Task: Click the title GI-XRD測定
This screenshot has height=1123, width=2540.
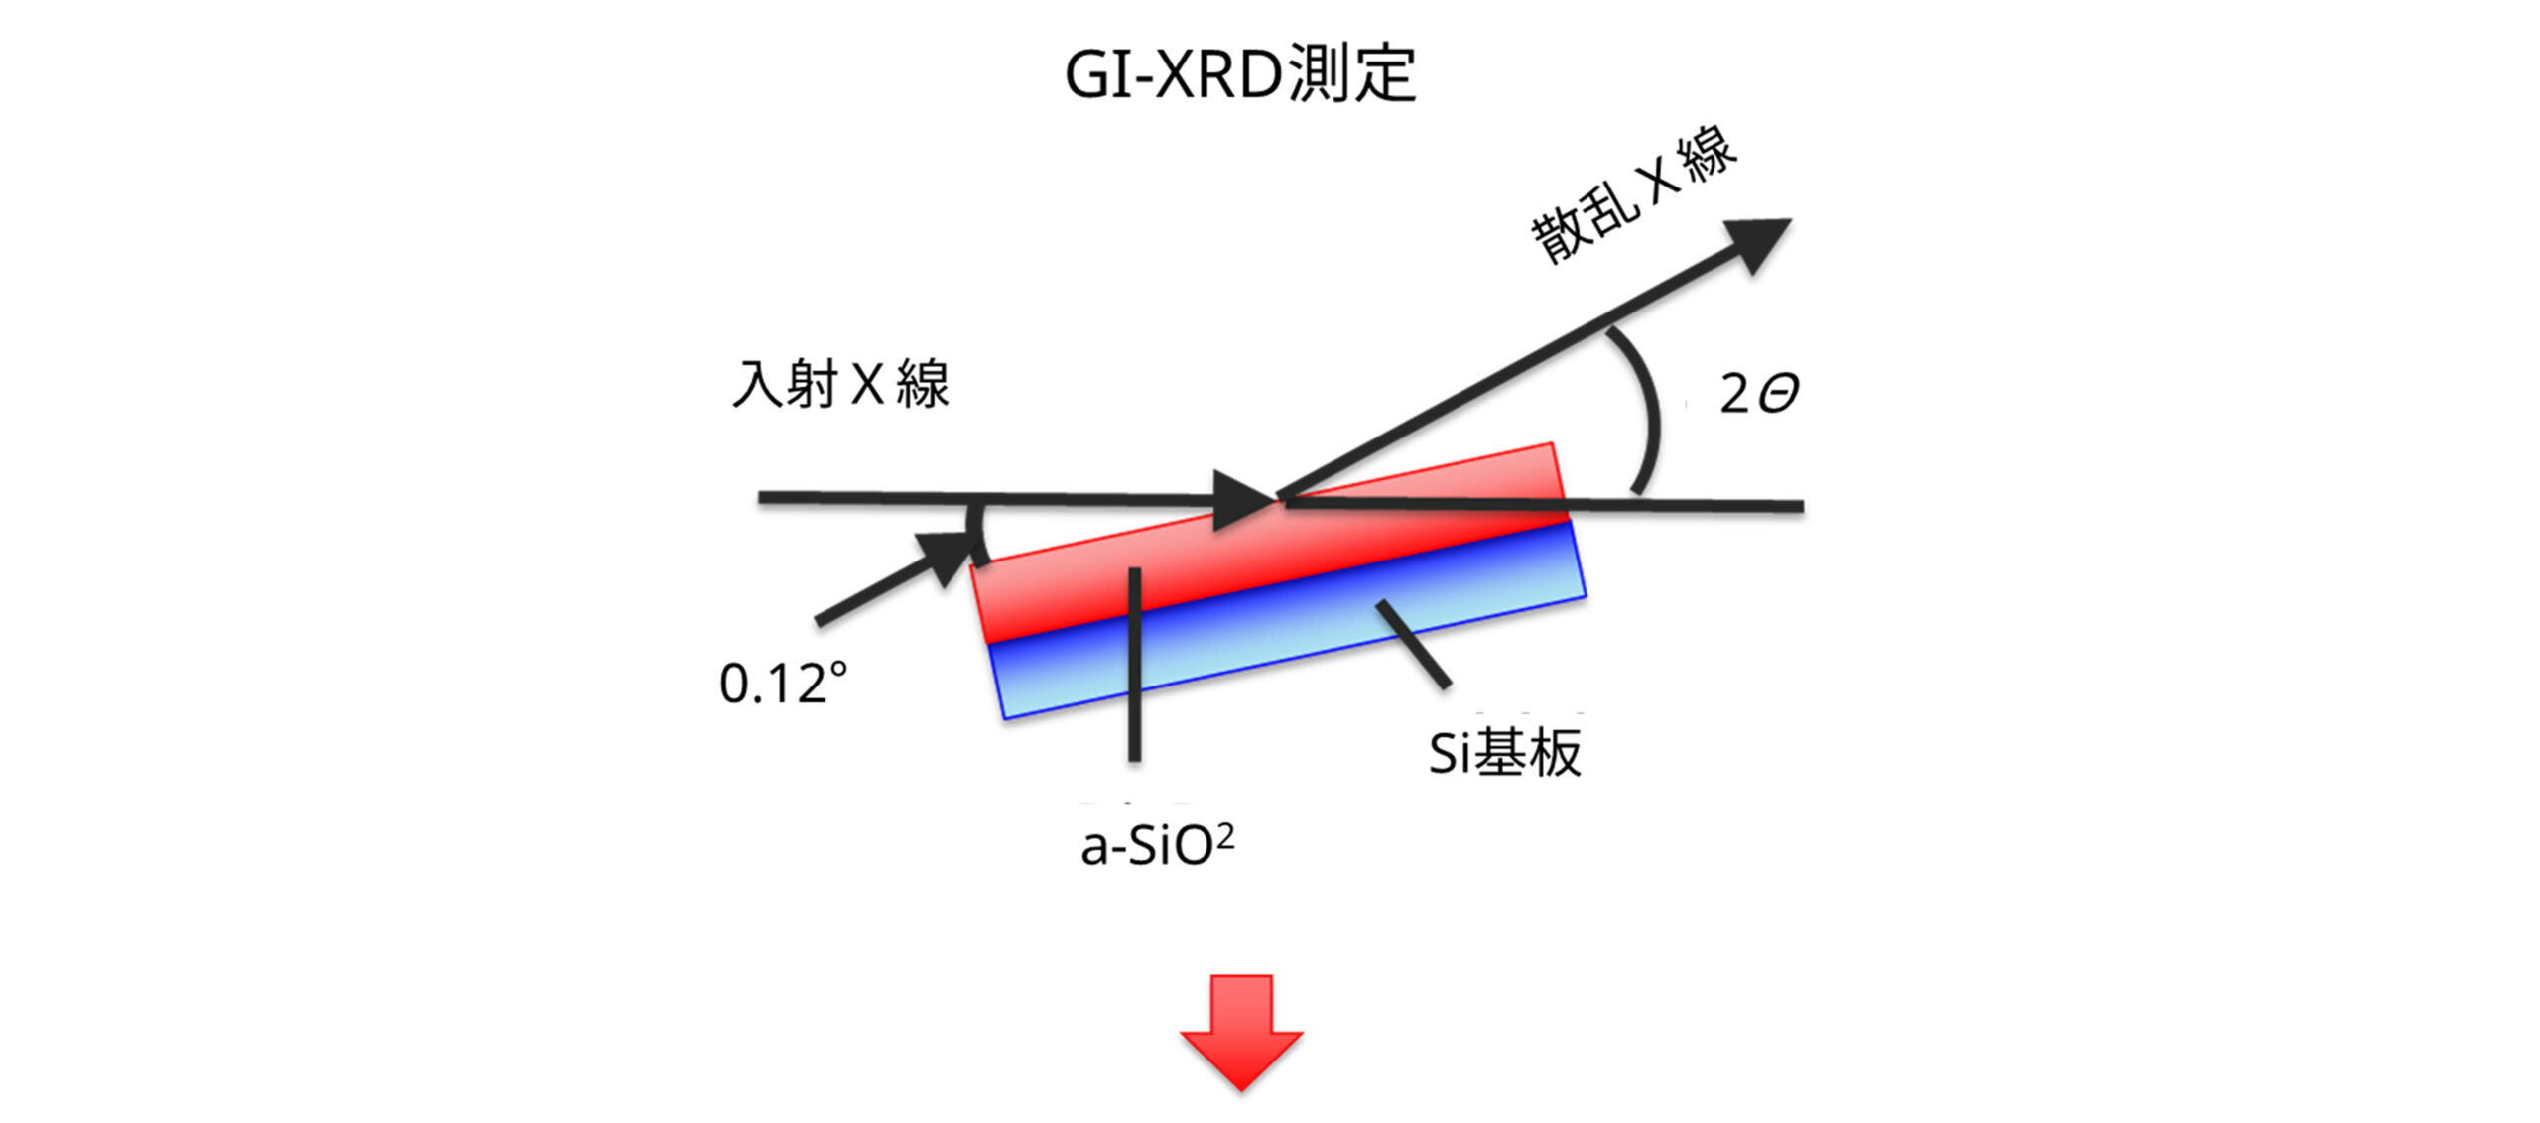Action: [1239, 75]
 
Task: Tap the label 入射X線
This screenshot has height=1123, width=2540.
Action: [840, 385]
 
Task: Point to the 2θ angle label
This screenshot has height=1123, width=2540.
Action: [1758, 394]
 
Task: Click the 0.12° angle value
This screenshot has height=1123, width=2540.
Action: [783, 684]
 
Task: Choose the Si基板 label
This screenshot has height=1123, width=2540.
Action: [1504, 753]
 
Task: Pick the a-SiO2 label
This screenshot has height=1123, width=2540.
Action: [1157, 846]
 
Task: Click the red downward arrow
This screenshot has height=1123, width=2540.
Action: [1240, 1032]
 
